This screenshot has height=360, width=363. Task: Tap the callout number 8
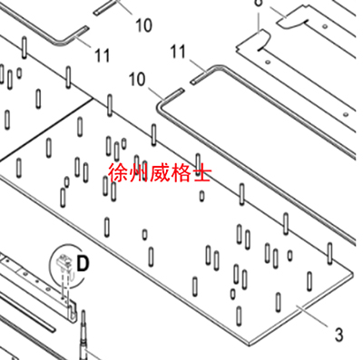tap(258, 4)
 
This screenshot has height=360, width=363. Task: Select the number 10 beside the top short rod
tap(143, 25)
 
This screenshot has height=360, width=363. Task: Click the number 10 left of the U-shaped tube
tap(138, 80)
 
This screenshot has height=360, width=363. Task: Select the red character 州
tap(139, 172)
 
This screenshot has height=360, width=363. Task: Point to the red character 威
tap(161, 172)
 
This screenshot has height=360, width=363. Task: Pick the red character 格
tap(181, 172)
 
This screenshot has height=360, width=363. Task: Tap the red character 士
tap(201, 172)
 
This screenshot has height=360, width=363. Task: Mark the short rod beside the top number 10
tap(106, 6)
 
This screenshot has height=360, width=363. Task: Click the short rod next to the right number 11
tap(199, 79)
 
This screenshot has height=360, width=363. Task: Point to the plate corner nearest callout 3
tap(352, 268)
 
